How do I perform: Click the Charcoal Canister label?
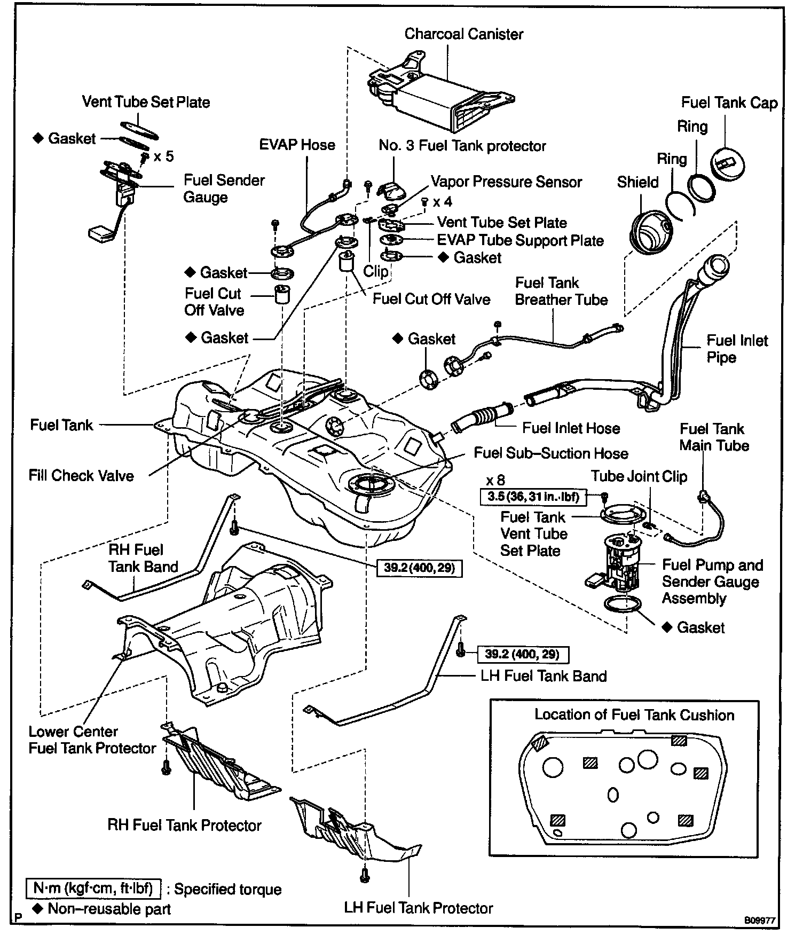pyautogui.click(x=463, y=34)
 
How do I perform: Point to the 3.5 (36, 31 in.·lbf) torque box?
pyautogui.click(x=533, y=497)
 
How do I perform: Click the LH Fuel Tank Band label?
pyautogui.click(x=544, y=676)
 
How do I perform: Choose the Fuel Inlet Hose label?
pyautogui.click(x=571, y=428)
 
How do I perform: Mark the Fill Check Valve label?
pyautogui.click(x=81, y=475)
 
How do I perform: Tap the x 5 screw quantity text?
pyautogui.click(x=163, y=156)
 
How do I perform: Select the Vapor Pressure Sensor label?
pyautogui.click(x=506, y=182)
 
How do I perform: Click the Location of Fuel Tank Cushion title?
pyautogui.click(x=634, y=714)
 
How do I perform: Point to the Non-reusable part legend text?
pyautogui.click(x=109, y=909)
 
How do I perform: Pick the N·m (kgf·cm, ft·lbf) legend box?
pyautogui.click(x=93, y=888)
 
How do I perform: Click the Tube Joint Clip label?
pyautogui.click(x=639, y=476)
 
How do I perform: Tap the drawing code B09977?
pyautogui.click(x=760, y=921)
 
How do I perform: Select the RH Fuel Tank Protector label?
pyautogui.click(x=184, y=825)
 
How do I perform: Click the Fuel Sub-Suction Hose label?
pyautogui.click(x=550, y=453)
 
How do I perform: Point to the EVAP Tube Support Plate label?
pyautogui.click(x=520, y=240)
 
